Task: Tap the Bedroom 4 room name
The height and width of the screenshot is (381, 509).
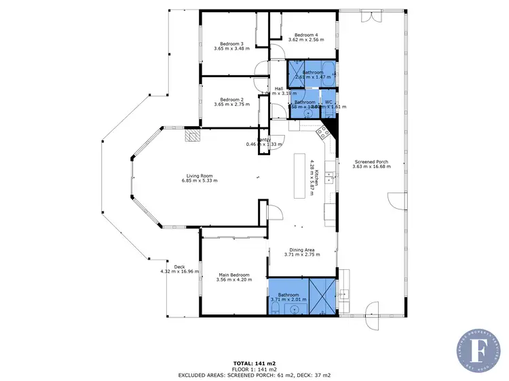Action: point(305,35)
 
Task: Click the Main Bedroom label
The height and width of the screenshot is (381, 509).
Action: point(233,275)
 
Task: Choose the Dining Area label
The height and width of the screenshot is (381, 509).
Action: point(294,250)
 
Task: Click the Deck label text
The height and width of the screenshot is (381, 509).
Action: point(179,266)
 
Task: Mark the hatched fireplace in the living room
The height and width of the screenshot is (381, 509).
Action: point(193,136)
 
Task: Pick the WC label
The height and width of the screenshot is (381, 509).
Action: point(328,102)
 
